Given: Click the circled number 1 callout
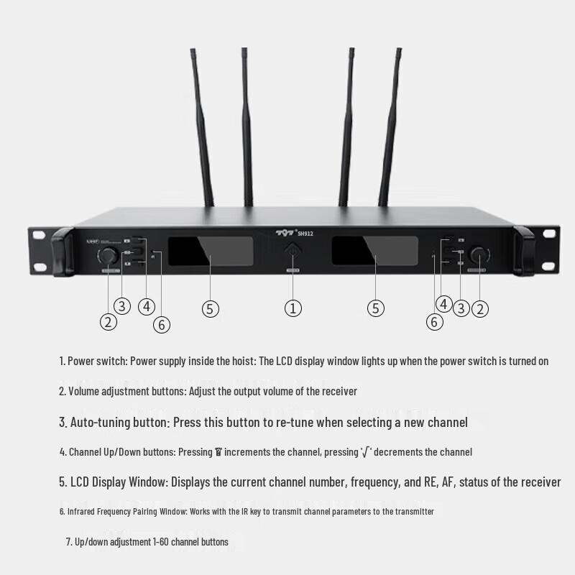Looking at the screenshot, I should click(293, 308).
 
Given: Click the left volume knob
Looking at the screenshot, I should click(109, 256).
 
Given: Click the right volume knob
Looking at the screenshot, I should click(479, 255).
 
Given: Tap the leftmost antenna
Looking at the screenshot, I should click(202, 129).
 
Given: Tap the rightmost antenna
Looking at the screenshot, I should click(391, 129).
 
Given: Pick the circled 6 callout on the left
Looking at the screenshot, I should click(162, 324).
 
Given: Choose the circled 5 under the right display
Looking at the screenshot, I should click(376, 308).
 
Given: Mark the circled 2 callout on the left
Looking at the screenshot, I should click(108, 321).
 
